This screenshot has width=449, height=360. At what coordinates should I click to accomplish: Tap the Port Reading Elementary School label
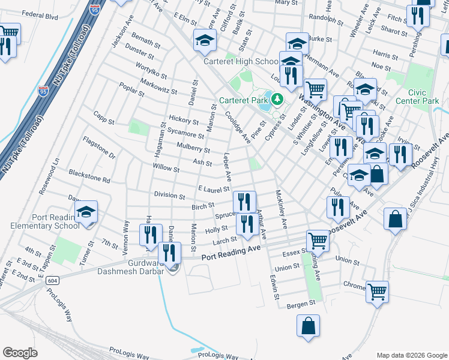point(45,221)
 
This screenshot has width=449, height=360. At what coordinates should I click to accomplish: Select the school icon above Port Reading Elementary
point(86,212)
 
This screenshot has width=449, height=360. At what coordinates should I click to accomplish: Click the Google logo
point(20,353)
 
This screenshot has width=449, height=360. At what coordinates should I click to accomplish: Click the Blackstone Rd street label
point(89,179)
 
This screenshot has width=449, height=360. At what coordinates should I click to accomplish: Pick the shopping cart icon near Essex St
point(318,241)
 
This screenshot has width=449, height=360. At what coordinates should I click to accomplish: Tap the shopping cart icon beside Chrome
point(377,292)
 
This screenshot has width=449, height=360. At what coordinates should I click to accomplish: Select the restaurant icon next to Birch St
point(244,202)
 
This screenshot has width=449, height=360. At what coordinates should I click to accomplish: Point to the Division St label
point(169,196)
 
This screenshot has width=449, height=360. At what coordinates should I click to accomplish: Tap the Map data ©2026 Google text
point(411,355)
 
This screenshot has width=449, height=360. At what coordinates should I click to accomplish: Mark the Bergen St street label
point(301,304)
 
